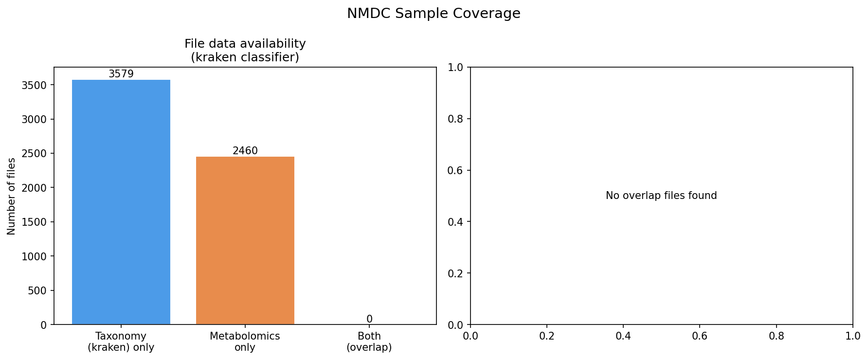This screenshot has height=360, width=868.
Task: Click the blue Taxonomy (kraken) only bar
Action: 121,202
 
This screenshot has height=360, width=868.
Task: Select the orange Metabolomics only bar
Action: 245,240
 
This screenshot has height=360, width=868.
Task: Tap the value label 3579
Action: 121,74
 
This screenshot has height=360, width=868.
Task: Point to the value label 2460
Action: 245,151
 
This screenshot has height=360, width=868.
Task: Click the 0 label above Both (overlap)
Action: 369,319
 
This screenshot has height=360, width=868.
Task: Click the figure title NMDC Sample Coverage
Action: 433,14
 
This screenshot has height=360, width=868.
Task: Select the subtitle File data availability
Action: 245,44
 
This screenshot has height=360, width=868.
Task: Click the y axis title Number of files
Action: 12,196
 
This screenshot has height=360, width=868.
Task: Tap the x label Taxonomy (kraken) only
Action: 121,342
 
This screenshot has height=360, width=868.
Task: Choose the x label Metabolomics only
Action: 245,342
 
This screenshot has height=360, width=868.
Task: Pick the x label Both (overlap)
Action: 369,342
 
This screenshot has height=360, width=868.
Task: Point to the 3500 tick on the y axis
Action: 34,85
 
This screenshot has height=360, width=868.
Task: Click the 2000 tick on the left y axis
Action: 34,188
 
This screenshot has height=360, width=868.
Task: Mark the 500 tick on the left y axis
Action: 37,290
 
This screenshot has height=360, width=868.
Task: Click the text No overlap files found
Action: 661,196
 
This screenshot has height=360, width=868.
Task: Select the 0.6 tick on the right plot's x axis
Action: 700,336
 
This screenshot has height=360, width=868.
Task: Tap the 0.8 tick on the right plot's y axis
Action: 456,119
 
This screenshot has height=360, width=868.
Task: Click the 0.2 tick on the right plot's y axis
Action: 456,273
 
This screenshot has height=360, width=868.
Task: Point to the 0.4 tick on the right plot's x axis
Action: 623,336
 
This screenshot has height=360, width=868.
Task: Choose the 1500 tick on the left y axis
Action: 34,222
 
